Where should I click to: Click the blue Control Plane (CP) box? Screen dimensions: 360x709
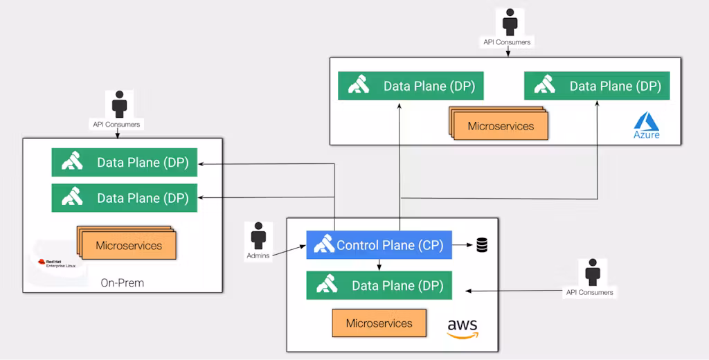(x=379, y=245)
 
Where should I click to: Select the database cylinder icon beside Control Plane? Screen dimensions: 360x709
(x=482, y=245)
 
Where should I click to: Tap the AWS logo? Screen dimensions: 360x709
(x=463, y=328)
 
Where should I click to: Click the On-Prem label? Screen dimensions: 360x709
(x=122, y=282)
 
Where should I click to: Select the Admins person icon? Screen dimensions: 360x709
(x=259, y=236)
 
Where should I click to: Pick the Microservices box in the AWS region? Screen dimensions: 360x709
(x=379, y=323)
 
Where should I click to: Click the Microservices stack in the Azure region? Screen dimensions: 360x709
(x=499, y=125)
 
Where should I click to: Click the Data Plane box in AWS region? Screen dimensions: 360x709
(x=379, y=285)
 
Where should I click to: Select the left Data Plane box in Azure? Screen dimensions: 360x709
(x=411, y=86)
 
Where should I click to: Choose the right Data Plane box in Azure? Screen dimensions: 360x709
(x=597, y=86)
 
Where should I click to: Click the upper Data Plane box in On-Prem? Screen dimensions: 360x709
(x=125, y=163)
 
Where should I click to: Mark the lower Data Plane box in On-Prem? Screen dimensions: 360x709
(x=125, y=198)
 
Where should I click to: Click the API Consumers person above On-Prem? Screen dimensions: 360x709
(x=120, y=105)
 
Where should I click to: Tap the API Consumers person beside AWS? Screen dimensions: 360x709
(x=591, y=273)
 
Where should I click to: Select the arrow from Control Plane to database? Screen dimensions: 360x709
(x=463, y=245)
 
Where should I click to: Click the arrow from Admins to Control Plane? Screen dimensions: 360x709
(x=289, y=252)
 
